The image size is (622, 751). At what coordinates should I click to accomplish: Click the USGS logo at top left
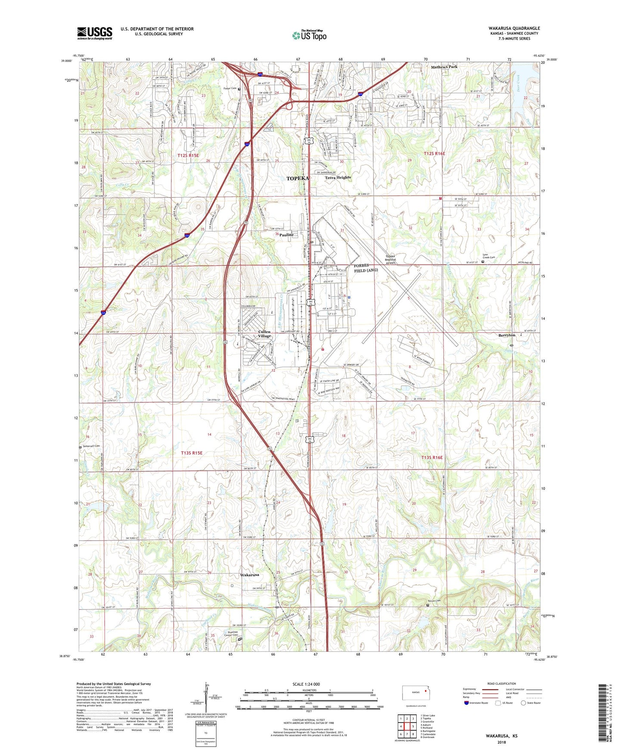click(94, 33)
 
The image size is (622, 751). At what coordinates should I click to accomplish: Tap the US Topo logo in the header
click(309, 35)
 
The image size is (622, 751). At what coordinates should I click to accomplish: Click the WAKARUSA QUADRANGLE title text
click(514, 28)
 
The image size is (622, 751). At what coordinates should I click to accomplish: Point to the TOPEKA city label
click(297, 179)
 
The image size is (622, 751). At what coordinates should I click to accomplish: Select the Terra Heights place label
click(338, 177)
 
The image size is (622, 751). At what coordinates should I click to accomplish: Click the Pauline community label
click(286, 235)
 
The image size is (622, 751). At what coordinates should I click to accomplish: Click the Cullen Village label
click(264, 334)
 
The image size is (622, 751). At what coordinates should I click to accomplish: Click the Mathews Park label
click(444, 67)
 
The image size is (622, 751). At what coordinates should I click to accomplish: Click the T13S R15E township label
click(192, 453)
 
